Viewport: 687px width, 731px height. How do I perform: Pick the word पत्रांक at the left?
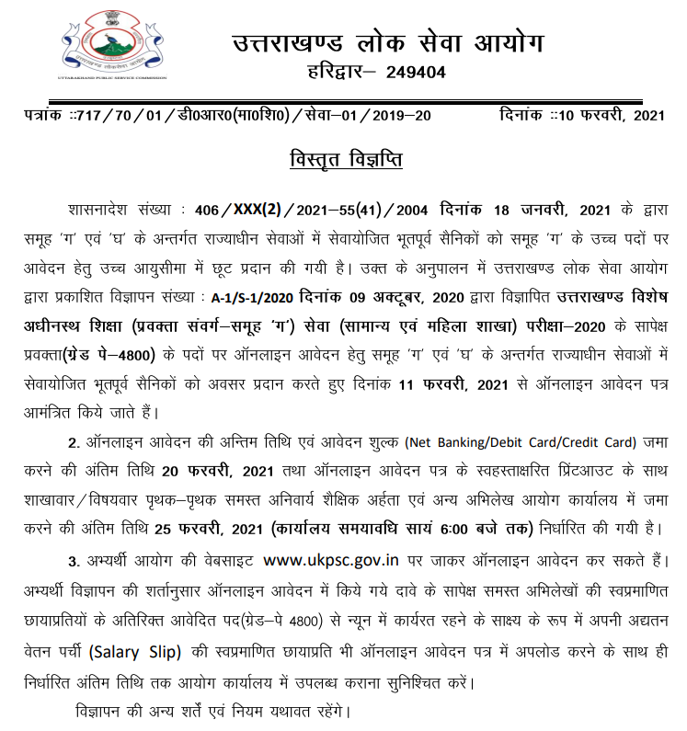pos(48,116)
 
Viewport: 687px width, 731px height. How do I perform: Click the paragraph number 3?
pos(73,561)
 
